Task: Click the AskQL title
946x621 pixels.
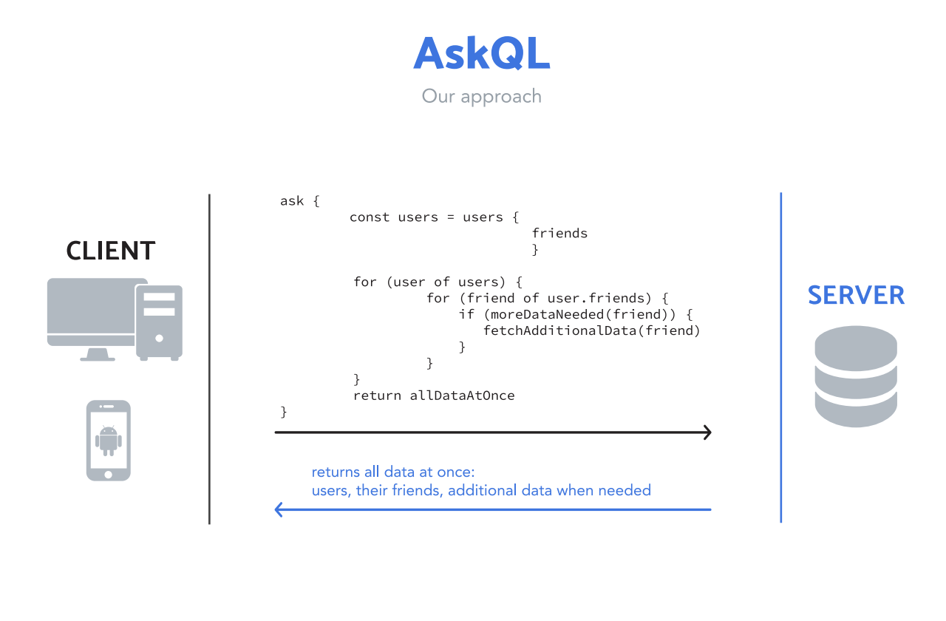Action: coord(481,54)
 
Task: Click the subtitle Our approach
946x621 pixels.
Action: coord(481,96)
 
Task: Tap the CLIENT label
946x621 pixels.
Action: coord(111,251)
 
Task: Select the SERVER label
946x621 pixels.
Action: coord(856,295)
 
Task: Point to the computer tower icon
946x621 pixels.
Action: coord(159,321)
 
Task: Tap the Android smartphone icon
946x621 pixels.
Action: coord(109,441)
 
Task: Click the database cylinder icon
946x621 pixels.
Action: coord(856,376)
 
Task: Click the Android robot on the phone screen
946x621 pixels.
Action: coord(109,440)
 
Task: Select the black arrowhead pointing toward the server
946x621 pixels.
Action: coord(707,432)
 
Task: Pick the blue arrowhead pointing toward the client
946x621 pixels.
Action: coord(279,509)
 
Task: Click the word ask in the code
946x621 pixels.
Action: coord(291,201)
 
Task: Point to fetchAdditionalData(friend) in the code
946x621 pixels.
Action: coord(591,330)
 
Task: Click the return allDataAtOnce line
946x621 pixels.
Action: coord(434,396)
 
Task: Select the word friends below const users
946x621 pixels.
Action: coord(559,234)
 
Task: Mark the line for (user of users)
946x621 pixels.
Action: coord(438,282)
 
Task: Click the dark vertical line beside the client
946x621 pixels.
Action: coord(209,359)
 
